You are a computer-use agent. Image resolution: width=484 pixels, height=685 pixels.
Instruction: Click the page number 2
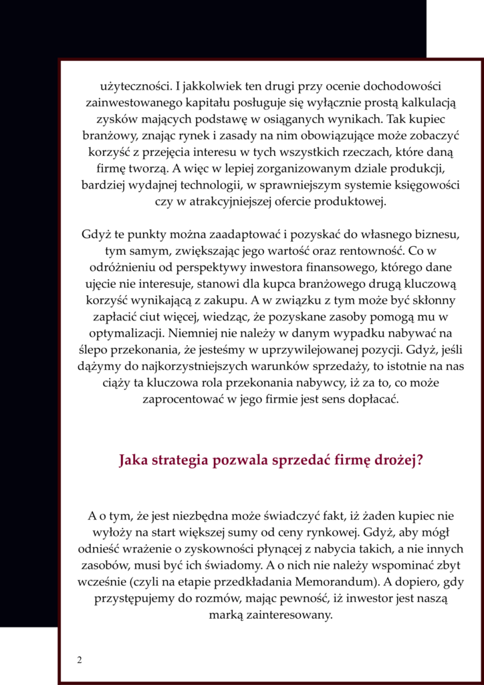coord(80,660)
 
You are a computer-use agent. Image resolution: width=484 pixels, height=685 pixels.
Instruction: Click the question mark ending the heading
coord(419,461)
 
